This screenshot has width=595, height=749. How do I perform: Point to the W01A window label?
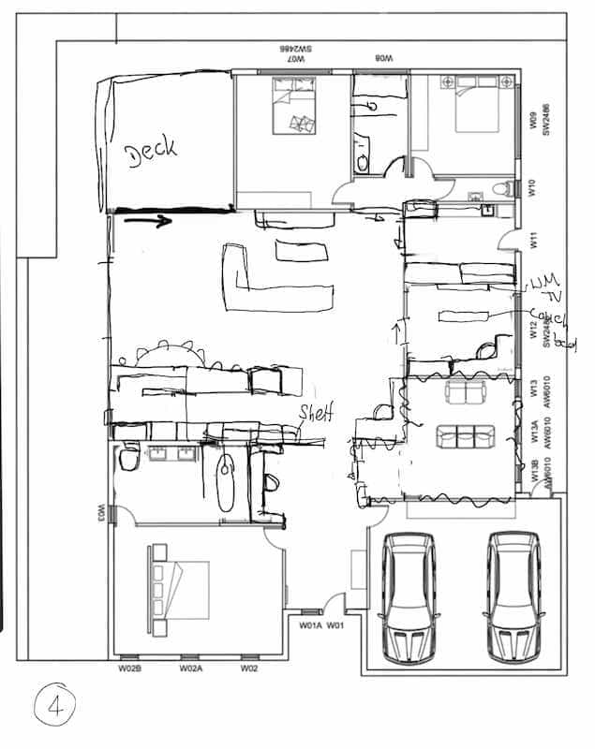click(x=310, y=624)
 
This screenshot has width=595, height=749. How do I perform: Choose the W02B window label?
click(x=129, y=668)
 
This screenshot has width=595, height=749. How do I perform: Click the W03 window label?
click(x=99, y=512)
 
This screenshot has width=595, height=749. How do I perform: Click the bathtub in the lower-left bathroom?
click(x=225, y=482)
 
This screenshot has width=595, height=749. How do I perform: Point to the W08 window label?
click(x=383, y=58)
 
